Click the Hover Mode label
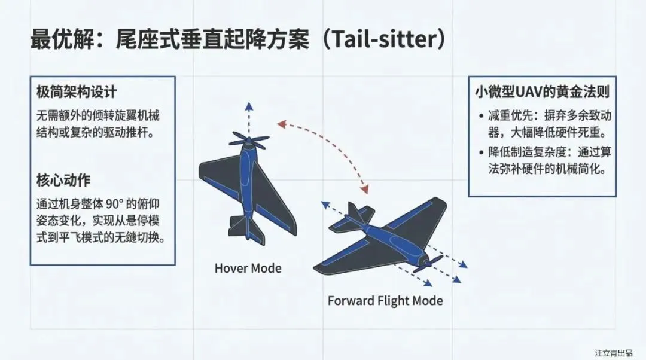[x=248, y=268]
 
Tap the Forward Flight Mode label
[x=385, y=300]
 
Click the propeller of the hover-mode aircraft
[x=249, y=142]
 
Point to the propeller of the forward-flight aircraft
[x=428, y=264]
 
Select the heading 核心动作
[x=63, y=180]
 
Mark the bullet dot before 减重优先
[x=482, y=115]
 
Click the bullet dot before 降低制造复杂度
[x=482, y=152]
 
